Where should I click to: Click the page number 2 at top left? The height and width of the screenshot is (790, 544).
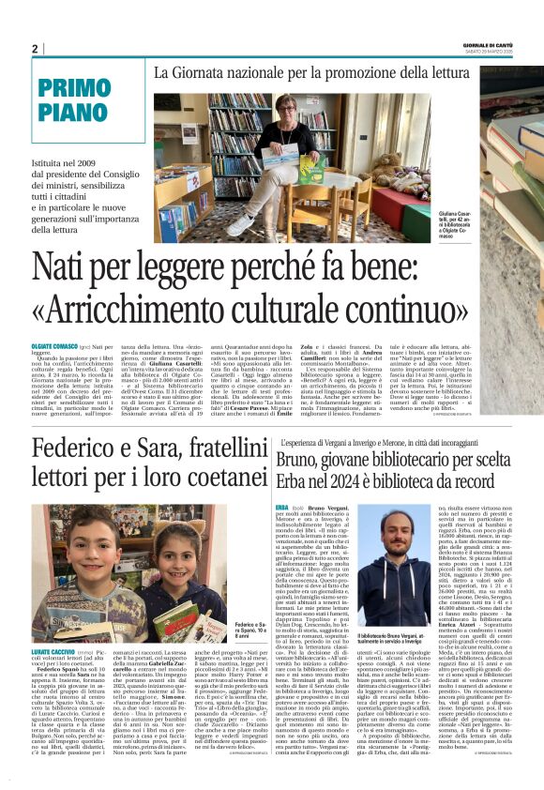tap(34, 49)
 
